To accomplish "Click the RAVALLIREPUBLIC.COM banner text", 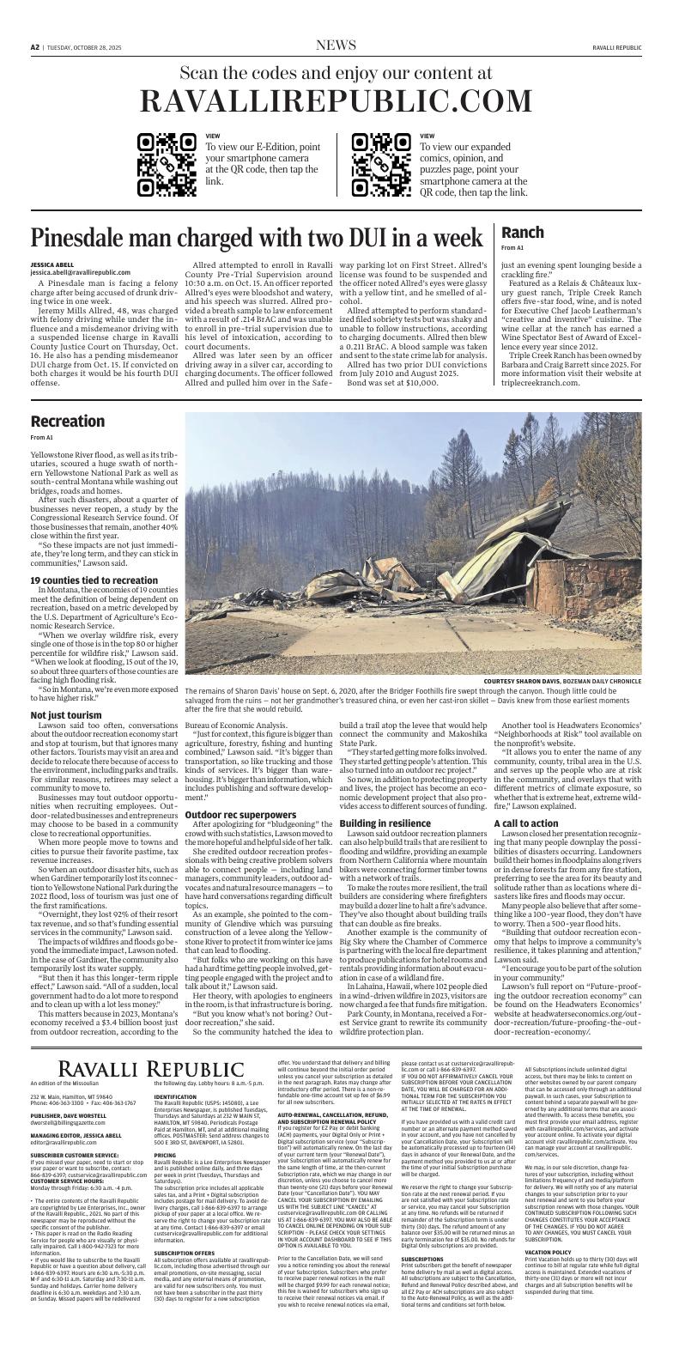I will point(336,102).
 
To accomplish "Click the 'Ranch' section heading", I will point(522,233).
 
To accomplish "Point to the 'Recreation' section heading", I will point(67,422).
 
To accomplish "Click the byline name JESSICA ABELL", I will point(52,265).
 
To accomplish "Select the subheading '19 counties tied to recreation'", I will point(94,580).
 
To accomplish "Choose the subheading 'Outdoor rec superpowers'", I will point(236,814).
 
